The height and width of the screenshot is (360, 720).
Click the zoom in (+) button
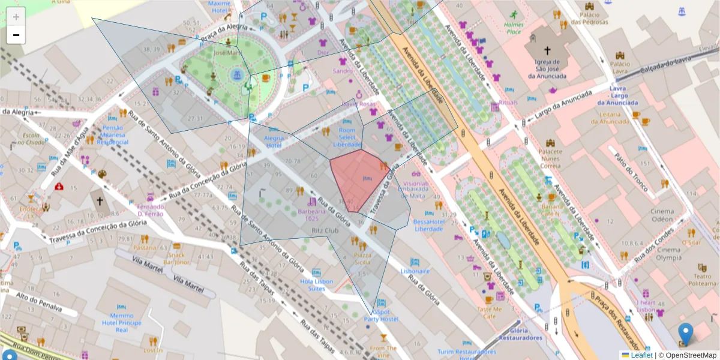pyautogui.click(x=16, y=17)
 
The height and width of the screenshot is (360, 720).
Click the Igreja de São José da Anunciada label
pyautogui.click(x=547, y=68)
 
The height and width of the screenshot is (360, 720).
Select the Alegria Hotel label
pyautogui.click(x=274, y=141)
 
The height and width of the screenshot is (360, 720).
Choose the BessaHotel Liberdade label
pyautogui.click(x=428, y=225)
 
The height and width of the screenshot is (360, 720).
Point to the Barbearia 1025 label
pyautogui.click(x=312, y=215)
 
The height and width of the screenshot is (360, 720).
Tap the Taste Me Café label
pyautogui.click(x=489, y=313)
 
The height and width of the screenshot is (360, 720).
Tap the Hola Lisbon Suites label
pyautogui.click(x=313, y=284)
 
